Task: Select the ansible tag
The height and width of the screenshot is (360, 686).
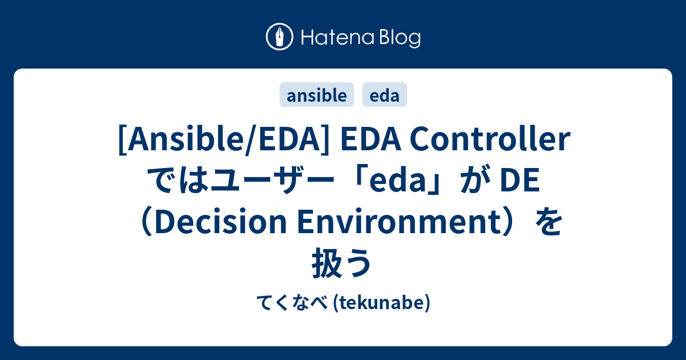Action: click(x=317, y=95)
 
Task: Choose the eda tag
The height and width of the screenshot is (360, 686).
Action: click(x=385, y=95)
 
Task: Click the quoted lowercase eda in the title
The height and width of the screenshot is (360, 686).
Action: click(x=400, y=182)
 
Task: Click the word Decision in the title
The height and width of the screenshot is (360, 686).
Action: click(x=223, y=223)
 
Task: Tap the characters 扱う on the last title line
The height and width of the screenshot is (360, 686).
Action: click(x=342, y=264)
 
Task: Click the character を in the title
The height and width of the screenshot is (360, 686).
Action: click(x=548, y=223)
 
